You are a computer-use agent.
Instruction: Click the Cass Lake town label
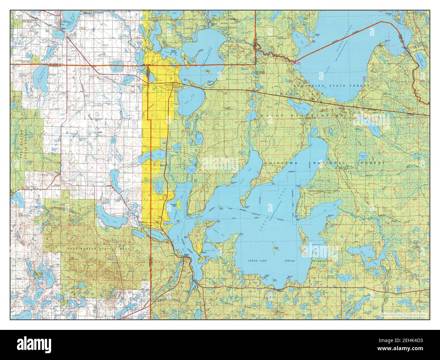pyautogui.click(x=168, y=85)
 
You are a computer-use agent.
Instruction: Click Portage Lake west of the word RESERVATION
pyautogui.click(x=252, y=115)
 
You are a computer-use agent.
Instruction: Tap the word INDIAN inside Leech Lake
pyautogui.click(x=290, y=261)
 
